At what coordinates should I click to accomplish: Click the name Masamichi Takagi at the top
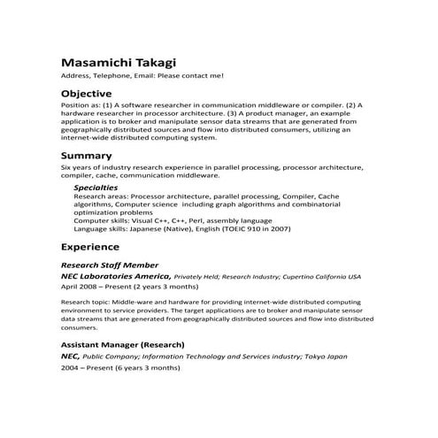118,63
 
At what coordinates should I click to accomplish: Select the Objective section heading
86,93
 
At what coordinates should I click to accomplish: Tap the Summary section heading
86,155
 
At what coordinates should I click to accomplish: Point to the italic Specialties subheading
96,188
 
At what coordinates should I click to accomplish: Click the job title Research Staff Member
110,265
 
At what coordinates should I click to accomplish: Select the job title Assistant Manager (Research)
122,343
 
